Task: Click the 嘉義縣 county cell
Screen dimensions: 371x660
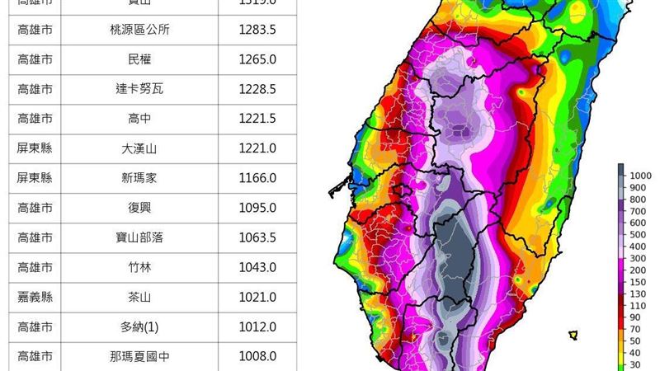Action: (x=35, y=297)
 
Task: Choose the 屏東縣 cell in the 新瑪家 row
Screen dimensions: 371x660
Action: (x=35, y=178)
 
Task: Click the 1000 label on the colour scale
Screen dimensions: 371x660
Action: (x=641, y=176)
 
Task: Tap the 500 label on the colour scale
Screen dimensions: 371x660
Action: (x=639, y=235)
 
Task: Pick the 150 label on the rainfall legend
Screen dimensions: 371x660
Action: (x=639, y=282)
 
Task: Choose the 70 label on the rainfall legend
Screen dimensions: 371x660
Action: (x=637, y=329)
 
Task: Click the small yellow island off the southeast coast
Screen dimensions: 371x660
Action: (x=573, y=335)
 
